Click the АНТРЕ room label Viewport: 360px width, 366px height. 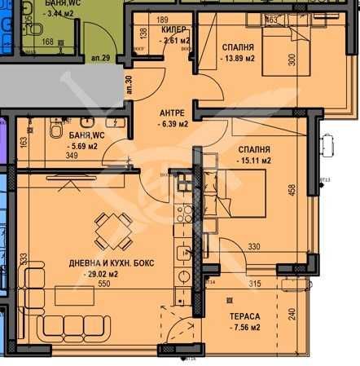tap(172, 112)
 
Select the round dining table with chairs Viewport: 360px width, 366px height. tap(110, 230)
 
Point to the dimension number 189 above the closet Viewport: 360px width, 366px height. tap(163, 20)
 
